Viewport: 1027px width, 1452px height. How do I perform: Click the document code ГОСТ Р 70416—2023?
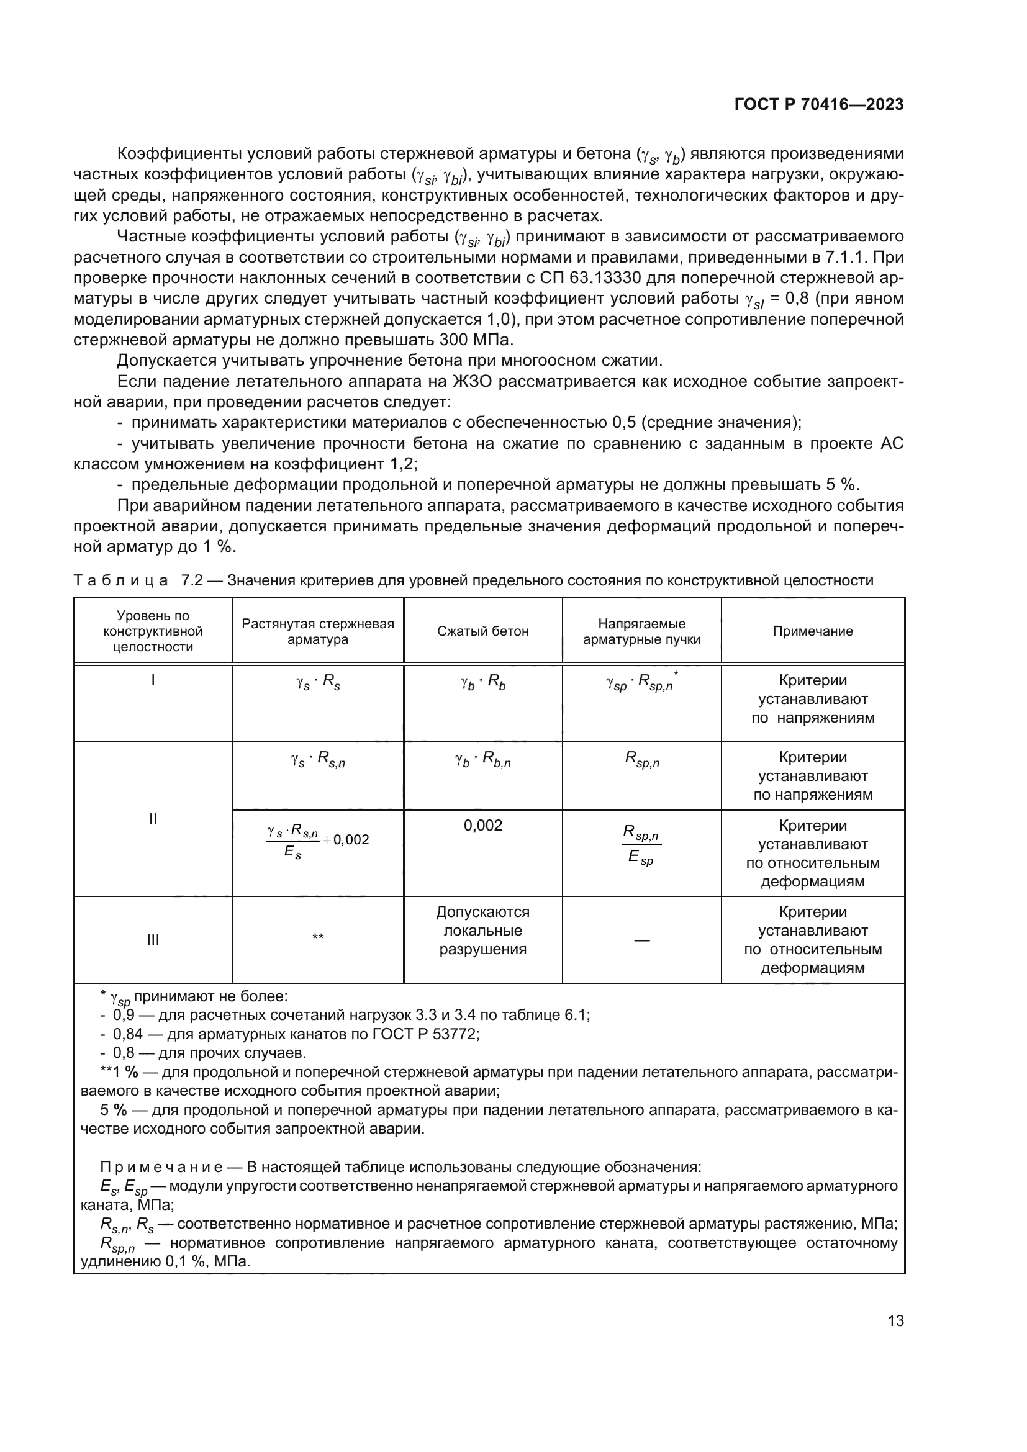818,105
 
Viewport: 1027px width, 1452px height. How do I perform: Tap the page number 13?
895,1321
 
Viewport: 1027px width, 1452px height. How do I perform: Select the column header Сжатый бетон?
482,631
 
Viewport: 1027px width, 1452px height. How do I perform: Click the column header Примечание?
813,631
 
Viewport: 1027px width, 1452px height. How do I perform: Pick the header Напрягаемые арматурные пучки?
641,631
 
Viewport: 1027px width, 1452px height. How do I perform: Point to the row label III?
153,939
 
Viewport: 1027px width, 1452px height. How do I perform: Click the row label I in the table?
153,680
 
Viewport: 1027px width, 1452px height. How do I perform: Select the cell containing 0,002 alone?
482,825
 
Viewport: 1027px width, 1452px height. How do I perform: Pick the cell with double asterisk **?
317,937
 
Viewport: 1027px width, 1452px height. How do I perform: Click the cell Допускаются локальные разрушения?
482,931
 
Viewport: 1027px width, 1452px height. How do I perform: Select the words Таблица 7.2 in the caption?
138,580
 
